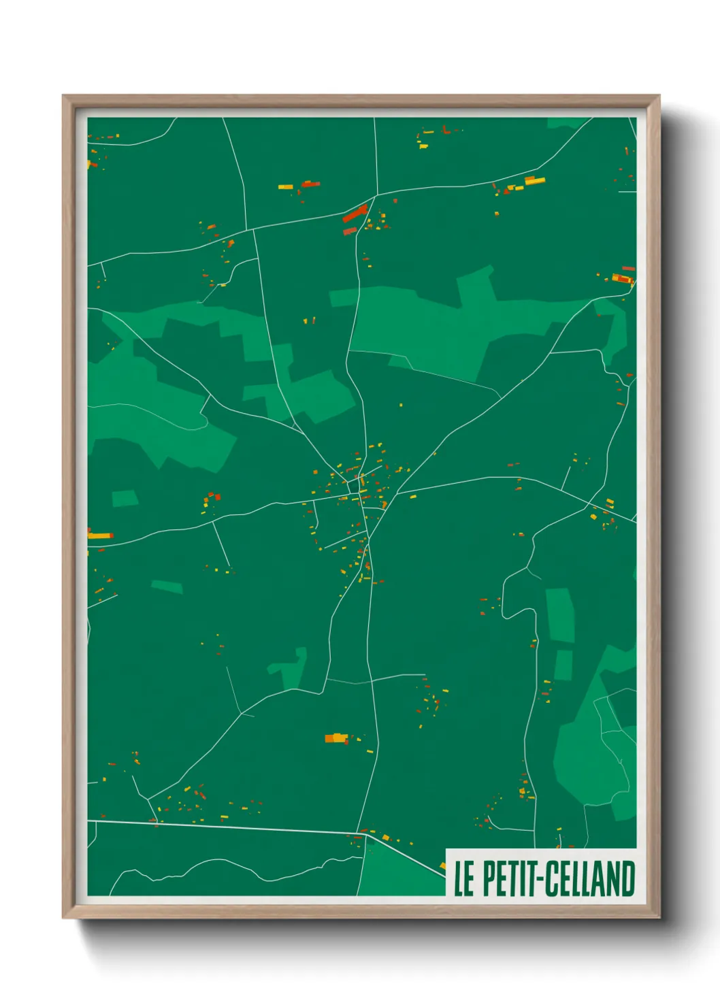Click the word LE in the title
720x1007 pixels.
(463, 878)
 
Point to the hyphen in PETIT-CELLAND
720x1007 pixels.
(540, 880)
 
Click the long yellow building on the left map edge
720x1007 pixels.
(99, 536)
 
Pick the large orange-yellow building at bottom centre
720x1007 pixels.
(336, 738)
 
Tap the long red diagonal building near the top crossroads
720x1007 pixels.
(355, 214)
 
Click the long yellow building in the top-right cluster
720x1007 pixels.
(535, 181)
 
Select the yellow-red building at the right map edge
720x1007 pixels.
(623, 278)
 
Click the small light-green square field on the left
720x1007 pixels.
(125, 499)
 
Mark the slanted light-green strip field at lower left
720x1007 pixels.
(167, 587)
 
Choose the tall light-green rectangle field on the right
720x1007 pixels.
(560, 614)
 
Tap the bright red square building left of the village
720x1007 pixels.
(217, 497)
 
